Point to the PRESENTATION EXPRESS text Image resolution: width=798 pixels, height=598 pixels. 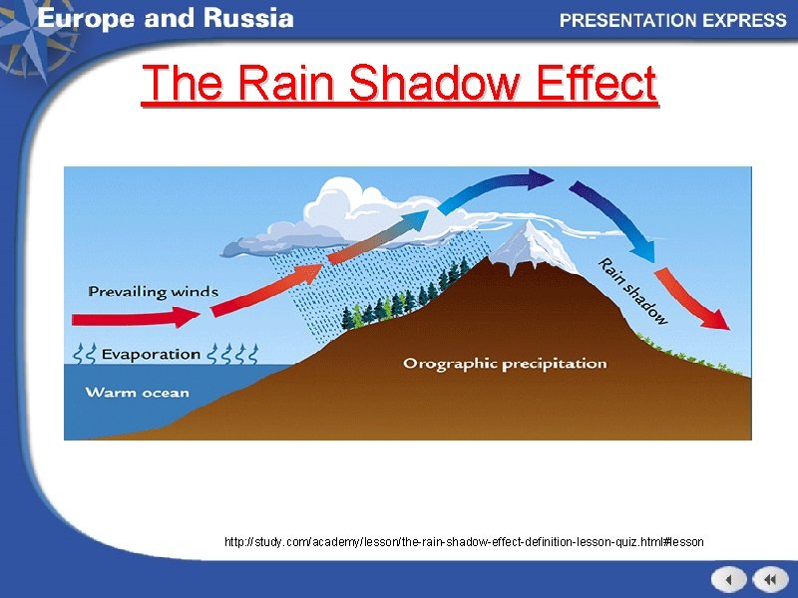point(672,20)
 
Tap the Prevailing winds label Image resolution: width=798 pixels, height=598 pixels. point(153,291)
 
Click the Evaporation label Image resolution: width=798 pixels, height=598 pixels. point(150,354)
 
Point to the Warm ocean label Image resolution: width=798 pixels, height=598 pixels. point(137,392)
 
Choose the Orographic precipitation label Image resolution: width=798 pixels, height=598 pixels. point(505,363)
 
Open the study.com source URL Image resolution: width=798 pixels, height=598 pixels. point(464,542)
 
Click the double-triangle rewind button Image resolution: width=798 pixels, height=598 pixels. point(770,579)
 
